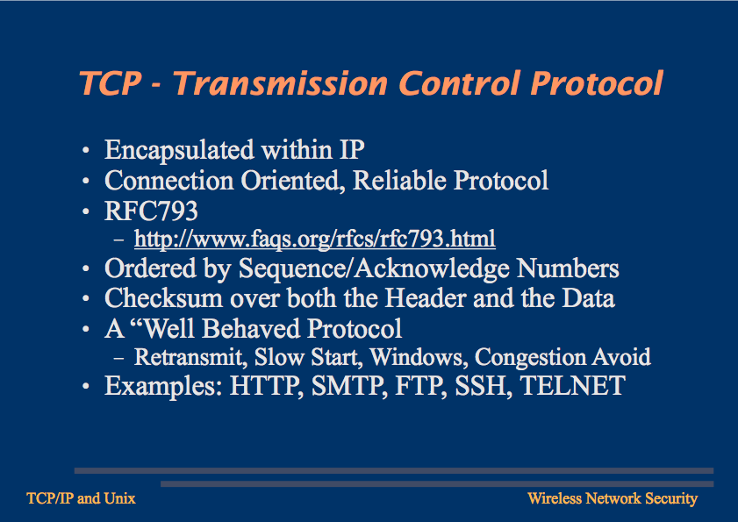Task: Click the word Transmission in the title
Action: coord(281,83)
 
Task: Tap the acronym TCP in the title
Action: coord(111,83)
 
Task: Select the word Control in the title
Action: coord(459,83)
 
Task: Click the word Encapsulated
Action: coord(179,151)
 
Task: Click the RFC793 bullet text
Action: coord(151,211)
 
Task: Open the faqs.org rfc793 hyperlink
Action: coord(315,239)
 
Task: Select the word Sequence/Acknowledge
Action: coord(374,268)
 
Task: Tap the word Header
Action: coord(426,298)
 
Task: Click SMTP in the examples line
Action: coord(348,386)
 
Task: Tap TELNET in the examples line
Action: coord(573,386)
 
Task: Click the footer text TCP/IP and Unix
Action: coord(81,498)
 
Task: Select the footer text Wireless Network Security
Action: coord(613,498)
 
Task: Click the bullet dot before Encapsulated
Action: coord(86,151)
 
